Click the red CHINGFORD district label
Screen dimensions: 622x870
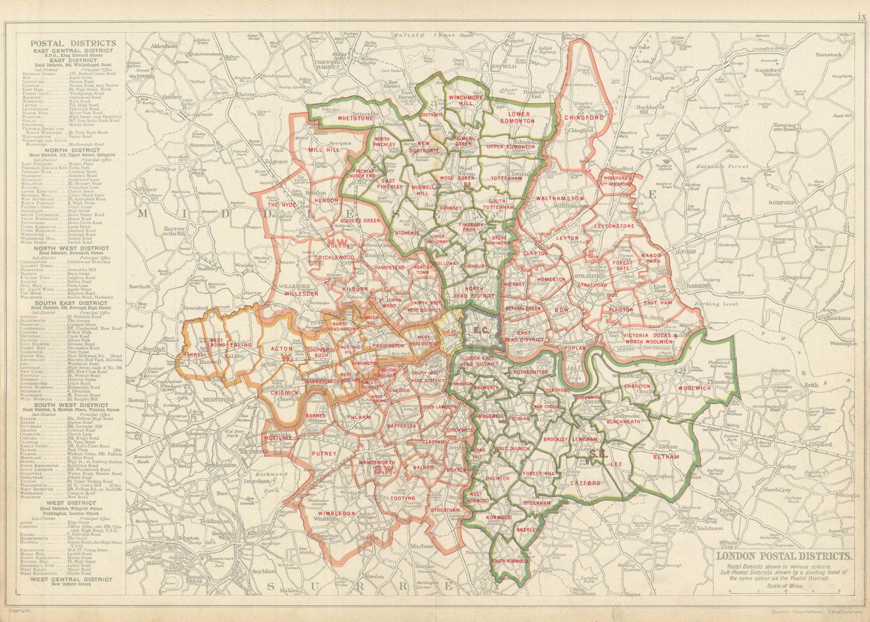(585, 117)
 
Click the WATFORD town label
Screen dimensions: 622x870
(142, 77)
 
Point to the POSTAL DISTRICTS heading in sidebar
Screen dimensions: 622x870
(73, 43)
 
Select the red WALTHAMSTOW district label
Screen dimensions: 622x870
(560, 199)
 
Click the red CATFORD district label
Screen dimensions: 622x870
(585, 483)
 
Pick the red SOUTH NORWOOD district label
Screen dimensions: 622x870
(509, 561)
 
